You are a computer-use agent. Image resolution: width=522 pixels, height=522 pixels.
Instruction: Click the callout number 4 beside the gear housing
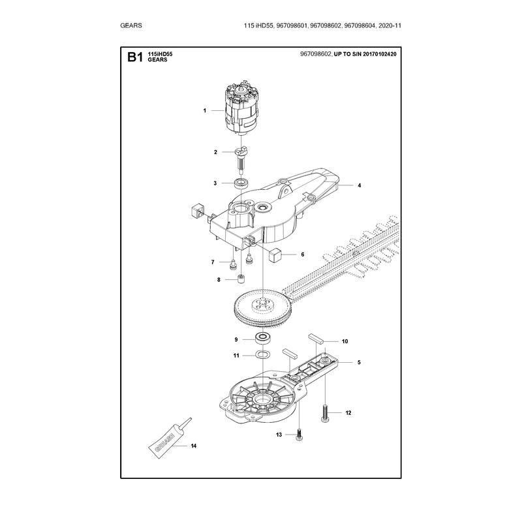360,185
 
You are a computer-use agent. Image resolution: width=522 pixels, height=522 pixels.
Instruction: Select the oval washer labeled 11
263,354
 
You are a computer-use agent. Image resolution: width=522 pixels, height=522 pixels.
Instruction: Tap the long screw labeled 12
325,413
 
